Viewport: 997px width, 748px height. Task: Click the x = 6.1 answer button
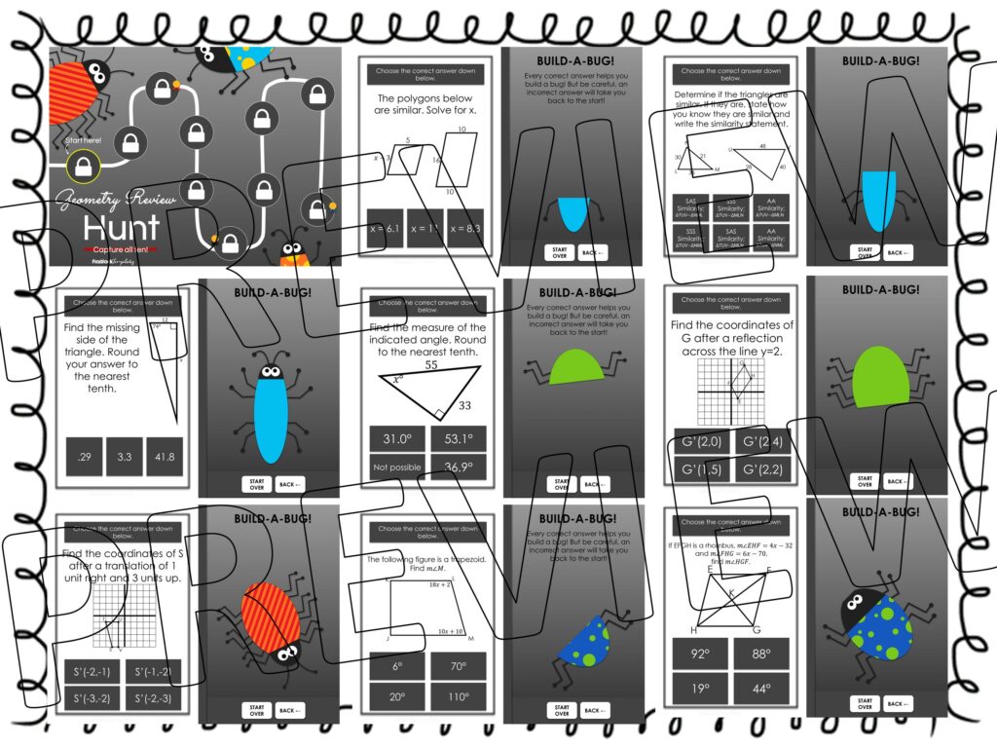point(385,230)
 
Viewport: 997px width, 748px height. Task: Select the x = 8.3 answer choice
point(465,230)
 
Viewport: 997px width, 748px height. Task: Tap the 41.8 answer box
point(164,457)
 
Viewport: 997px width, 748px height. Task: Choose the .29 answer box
point(83,457)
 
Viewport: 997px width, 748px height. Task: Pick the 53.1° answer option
point(458,439)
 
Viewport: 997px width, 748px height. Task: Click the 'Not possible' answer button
point(396,468)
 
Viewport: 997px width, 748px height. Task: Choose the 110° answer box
point(458,696)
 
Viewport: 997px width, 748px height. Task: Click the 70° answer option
point(458,666)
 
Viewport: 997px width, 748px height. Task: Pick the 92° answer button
point(700,654)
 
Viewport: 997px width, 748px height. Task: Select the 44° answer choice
point(760,688)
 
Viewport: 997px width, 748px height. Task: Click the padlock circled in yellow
point(85,166)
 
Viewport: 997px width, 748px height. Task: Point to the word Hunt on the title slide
point(122,228)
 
